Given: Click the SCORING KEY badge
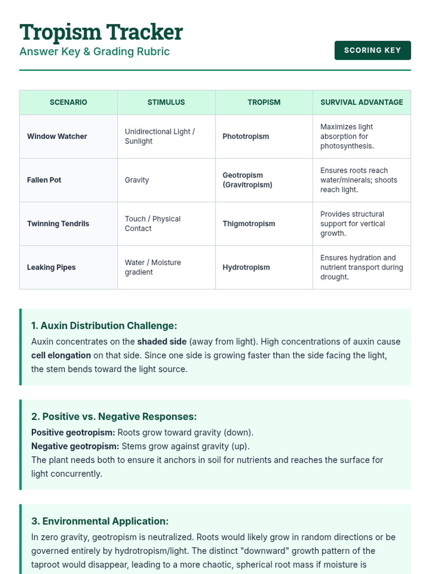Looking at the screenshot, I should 372,50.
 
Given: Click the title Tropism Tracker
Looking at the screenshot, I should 101,32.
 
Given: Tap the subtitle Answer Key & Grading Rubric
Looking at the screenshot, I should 95,52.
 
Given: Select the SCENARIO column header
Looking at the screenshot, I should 68,102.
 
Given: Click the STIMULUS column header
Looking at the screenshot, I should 166,102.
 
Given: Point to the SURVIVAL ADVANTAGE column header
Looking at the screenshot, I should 362,102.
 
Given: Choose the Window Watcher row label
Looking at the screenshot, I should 57,136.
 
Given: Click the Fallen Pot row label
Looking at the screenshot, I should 44,180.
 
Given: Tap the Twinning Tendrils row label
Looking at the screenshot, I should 58,224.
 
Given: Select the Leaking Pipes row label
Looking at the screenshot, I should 51,267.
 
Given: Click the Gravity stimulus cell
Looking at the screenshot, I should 137,180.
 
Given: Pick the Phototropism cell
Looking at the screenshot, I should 245,136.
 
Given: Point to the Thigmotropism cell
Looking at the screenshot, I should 249,224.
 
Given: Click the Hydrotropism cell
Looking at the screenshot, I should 246,267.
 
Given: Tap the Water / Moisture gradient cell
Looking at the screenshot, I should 153,267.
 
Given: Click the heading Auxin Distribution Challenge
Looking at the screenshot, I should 104,326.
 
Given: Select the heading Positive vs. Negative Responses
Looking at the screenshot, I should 114,417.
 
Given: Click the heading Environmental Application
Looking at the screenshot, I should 100,521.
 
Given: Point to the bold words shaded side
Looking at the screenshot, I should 162,342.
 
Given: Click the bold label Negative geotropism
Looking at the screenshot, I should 75,446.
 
